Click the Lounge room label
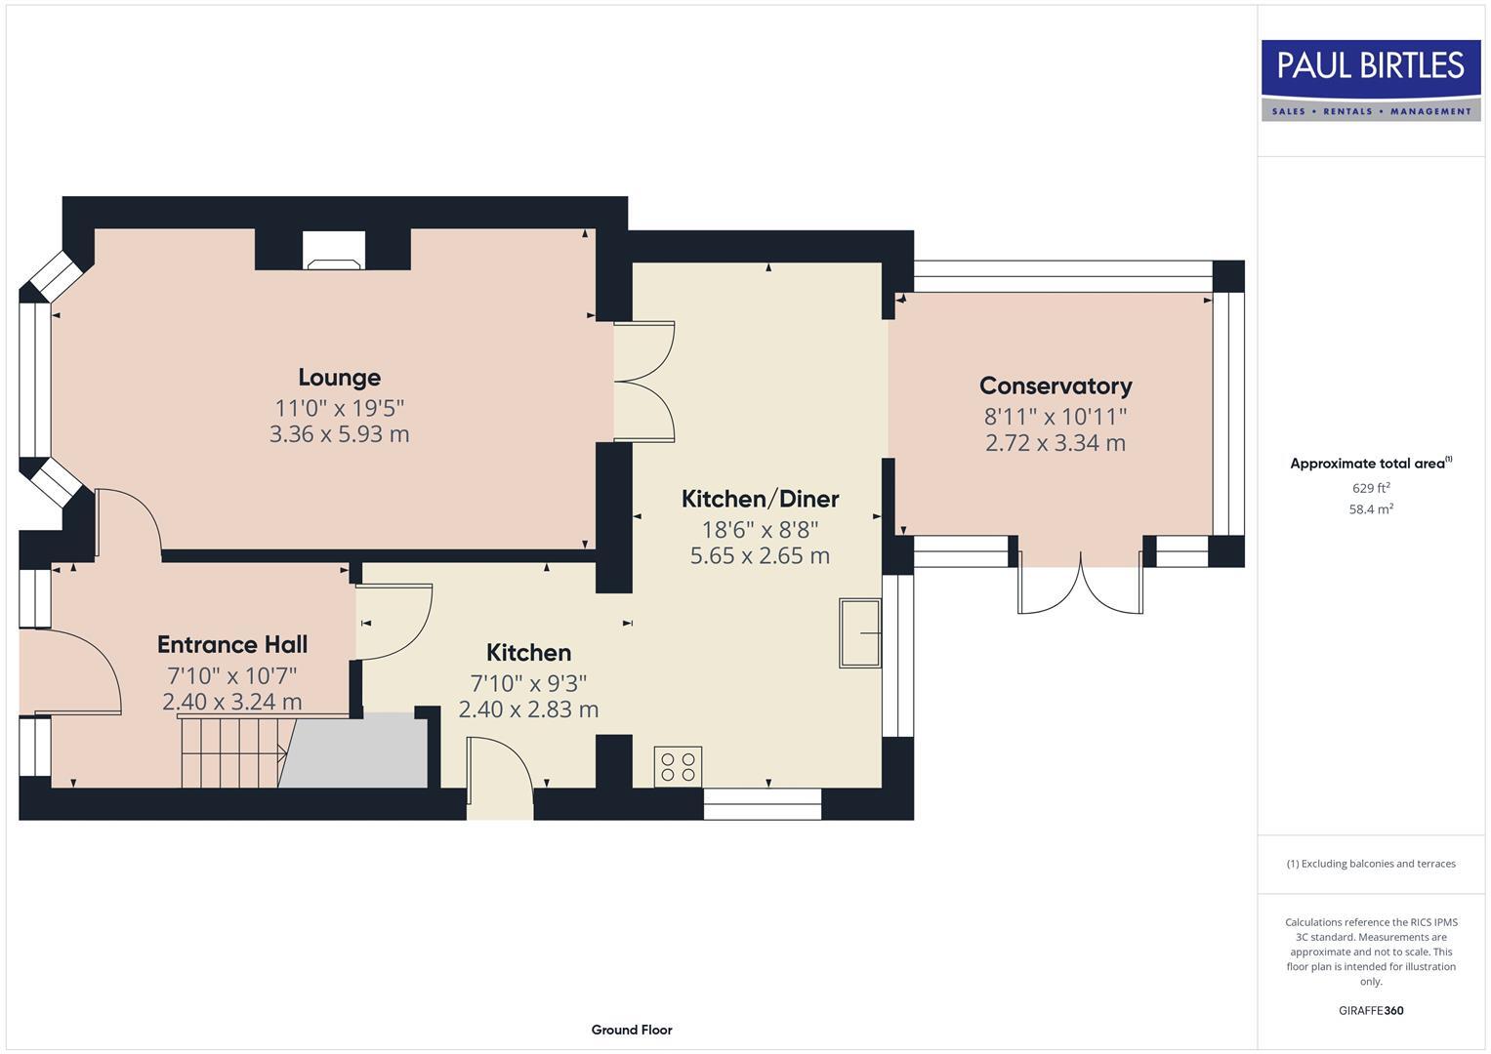(339, 378)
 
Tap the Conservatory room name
(1056, 386)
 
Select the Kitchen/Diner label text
(760, 499)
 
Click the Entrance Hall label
(232, 644)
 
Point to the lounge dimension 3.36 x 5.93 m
(339, 434)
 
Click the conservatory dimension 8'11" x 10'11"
(1056, 417)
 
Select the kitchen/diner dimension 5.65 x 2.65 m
(760, 556)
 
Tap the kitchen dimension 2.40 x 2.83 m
(528, 709)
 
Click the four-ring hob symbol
(678, 766)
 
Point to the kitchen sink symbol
(859, 633)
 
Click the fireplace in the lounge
(333, 251)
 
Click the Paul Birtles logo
(1371, 80)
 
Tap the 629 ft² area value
(1371, 488)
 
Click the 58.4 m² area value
(1371, 509)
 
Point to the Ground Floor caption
(632, 1030)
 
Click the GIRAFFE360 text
(1371, 1011)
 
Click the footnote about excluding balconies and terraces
(1371, 864)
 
